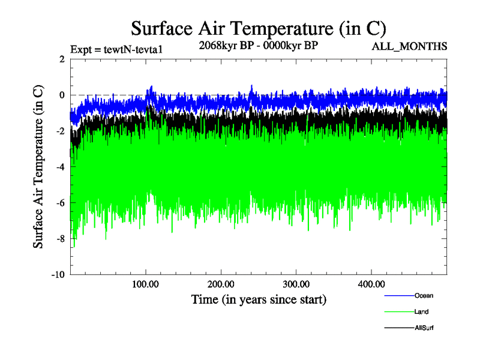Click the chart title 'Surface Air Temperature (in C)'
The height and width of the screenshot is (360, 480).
pyautogui.click(x=258, y=28)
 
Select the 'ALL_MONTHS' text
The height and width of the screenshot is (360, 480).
pyautogui.click(x=410, y=46)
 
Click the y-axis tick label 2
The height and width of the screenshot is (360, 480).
pyautogui.click(x=62, y=59)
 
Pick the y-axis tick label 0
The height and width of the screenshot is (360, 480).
pyautogui.click(x=62, y=95)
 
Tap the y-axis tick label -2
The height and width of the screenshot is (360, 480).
pyautogui.click(x=60, y=131)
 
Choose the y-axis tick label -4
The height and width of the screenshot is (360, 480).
pyautogui.click(x=60, y=167)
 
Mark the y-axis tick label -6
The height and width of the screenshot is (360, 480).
pyautogui.click(x=60, y=203)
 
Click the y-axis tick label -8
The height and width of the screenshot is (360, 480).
pyautogui.click(x=60, y=239)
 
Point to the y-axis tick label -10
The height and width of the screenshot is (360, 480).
pyautogui.click(x=58, y=275)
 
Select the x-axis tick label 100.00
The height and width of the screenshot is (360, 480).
pyautogui.click(x=145, y=284)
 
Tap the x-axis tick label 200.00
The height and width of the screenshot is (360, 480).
pyautogui.click(x=221, y=284)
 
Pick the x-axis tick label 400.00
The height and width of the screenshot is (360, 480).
pyautogui.click(x=371, y=284)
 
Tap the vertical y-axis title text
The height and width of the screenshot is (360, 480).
pyautogui.click(x=38, y=166)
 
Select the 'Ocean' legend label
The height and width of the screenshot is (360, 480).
pyautogui.click(x=424, y=295)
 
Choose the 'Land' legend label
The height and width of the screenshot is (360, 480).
pyautogui.click(x=421, y=312)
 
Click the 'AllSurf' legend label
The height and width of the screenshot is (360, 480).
pyautogui.click(x=424, y=328)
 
